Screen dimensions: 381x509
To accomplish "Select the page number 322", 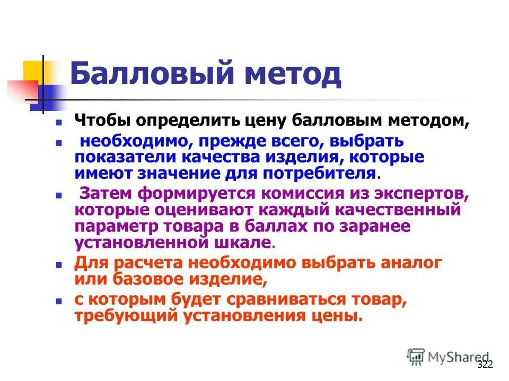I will coord(485,364).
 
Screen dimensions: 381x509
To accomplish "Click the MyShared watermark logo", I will coord(449,357).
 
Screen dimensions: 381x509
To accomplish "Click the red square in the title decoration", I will coord(21,89).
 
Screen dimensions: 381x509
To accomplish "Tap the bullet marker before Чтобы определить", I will coord(59,122).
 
